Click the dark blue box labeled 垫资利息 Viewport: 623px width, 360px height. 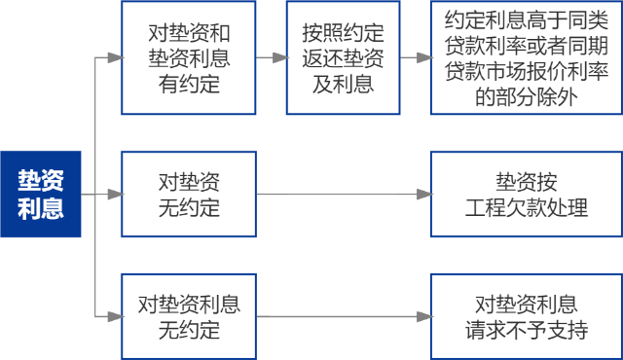coord(40,195)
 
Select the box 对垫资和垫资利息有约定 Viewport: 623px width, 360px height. coord(189,58)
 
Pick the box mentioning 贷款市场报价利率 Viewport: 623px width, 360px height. coord(527,58)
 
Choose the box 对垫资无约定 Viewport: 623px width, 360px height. coord(189,195)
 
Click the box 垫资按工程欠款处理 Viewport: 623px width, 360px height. coord(527,195)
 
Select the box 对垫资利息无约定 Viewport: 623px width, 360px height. coord(189,316)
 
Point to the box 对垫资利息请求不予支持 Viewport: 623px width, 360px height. coord(527,316)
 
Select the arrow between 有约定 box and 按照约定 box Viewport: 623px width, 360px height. coord(273,58)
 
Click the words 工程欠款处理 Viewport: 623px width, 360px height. coord(527,207)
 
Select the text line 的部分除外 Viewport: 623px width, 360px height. coord(527,95)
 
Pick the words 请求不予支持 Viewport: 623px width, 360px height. coord(527,330)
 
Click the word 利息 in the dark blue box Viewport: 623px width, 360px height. coord(40,208)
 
